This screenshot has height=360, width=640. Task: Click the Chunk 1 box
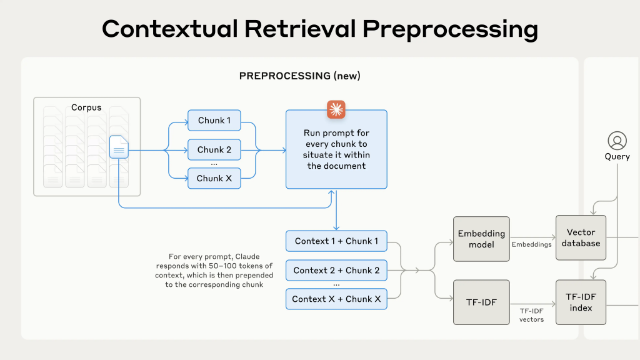[214, 121]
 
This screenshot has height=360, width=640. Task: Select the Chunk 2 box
[214, 150]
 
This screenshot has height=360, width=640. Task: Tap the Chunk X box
[214, 179]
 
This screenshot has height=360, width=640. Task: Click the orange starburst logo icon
[336, 109]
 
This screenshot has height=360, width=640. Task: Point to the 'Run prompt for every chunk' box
[336, 149]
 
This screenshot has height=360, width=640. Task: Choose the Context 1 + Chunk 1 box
[336, 241]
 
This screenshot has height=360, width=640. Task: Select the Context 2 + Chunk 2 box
[336, 271]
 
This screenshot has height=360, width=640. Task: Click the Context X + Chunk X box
[336, 299]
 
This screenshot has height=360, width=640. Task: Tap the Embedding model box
[481, 239]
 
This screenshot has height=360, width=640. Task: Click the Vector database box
[581, 237]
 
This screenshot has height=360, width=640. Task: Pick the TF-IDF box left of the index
[481, 302]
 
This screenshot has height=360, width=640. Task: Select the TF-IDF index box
[581, 302]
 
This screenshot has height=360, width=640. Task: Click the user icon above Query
[617, 141]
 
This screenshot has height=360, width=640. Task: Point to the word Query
[617, 157]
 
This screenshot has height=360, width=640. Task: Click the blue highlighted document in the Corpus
[119, 147]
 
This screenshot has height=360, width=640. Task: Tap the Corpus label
[86, 107]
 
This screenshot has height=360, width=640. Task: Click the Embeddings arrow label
[531, 244]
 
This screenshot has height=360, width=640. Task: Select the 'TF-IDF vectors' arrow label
[531, 314]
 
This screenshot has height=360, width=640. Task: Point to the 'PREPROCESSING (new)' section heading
[299, 76]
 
